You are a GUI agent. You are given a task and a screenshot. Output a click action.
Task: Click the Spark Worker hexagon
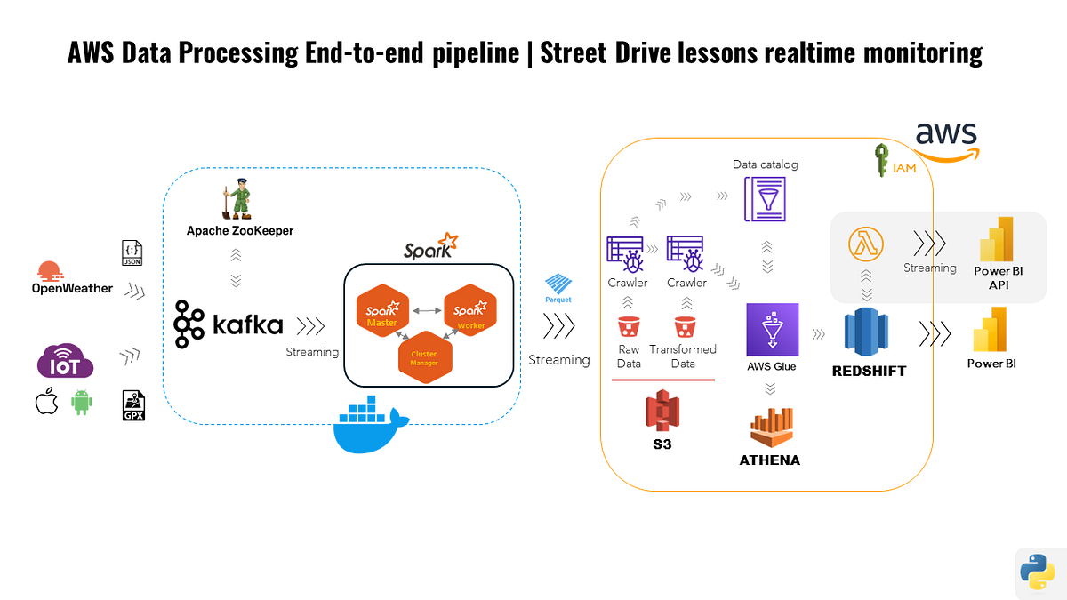click(x=469, y=314)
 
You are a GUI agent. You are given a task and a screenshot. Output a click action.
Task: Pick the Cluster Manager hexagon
click(x=424, y=357)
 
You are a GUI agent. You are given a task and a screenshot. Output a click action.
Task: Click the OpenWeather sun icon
click(x=49, y=271)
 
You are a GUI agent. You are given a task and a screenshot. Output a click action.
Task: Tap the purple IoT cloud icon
click(x=65, y=363)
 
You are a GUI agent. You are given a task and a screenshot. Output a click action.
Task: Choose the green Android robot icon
click(x=82, y=403)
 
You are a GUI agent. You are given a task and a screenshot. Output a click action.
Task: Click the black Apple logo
click(x=46, y=403)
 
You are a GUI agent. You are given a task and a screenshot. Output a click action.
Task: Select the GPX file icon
click(x=133, y=405)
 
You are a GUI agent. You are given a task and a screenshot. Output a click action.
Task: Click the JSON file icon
click(x=131, y=253)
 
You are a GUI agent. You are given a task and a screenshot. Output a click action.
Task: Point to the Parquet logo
click(x=558, y=286)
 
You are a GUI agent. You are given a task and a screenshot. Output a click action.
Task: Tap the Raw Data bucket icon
click(x=629, y=328)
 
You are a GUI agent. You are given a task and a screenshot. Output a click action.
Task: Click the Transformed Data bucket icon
click(x=684, y=328)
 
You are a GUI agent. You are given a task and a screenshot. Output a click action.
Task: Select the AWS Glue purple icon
click(x=773, y=330)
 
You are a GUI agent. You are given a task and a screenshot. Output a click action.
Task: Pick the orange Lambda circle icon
click(x=865, y=244)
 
